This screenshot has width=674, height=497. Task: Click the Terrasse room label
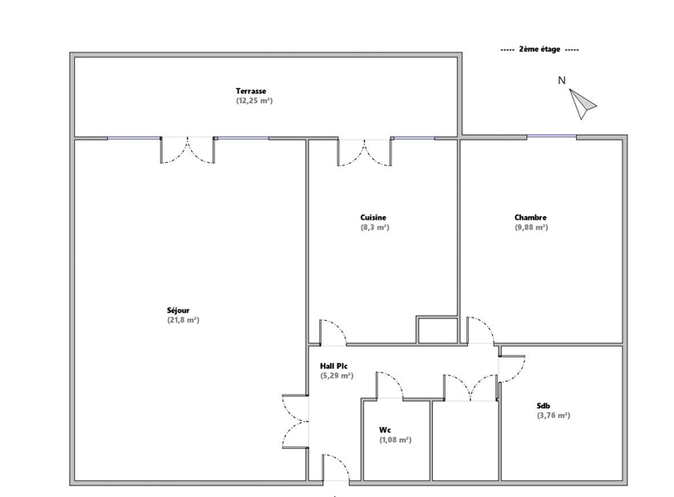click(x=251, y=91)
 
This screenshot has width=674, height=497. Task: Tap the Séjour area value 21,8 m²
click(x=183, y=320)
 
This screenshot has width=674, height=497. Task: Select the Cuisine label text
click(x=373, y=218)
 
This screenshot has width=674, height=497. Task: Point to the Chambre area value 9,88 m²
click(x=531, y=228)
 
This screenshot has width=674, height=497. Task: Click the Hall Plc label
click(x=334, y=367)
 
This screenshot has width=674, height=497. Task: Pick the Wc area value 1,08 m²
click(x=395, y=440)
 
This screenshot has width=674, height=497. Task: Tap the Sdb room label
click(x=544, y=406)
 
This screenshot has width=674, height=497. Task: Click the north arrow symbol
click(x=582, y=104)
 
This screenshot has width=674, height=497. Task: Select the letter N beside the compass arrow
click(x=561, y=81)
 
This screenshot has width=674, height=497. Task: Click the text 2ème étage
click(x=540, y=49)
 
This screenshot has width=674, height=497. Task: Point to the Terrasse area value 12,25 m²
click(x=254, y=101)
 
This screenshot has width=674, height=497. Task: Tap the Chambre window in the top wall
click(x=552, y=137)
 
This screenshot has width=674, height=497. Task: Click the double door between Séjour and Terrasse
click(x=188, y=150)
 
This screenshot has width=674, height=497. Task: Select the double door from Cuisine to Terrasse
click(x=365, y=152)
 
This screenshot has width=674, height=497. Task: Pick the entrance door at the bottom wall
click(x=336, y=468)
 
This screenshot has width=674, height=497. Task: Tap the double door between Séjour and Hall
click(x=295, y=421)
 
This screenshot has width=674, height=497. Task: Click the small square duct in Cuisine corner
click(x=438, y=330)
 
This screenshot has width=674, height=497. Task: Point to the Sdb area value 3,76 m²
click(x=553, y=416)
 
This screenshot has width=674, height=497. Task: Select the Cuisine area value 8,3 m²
click(x=375, y=228)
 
